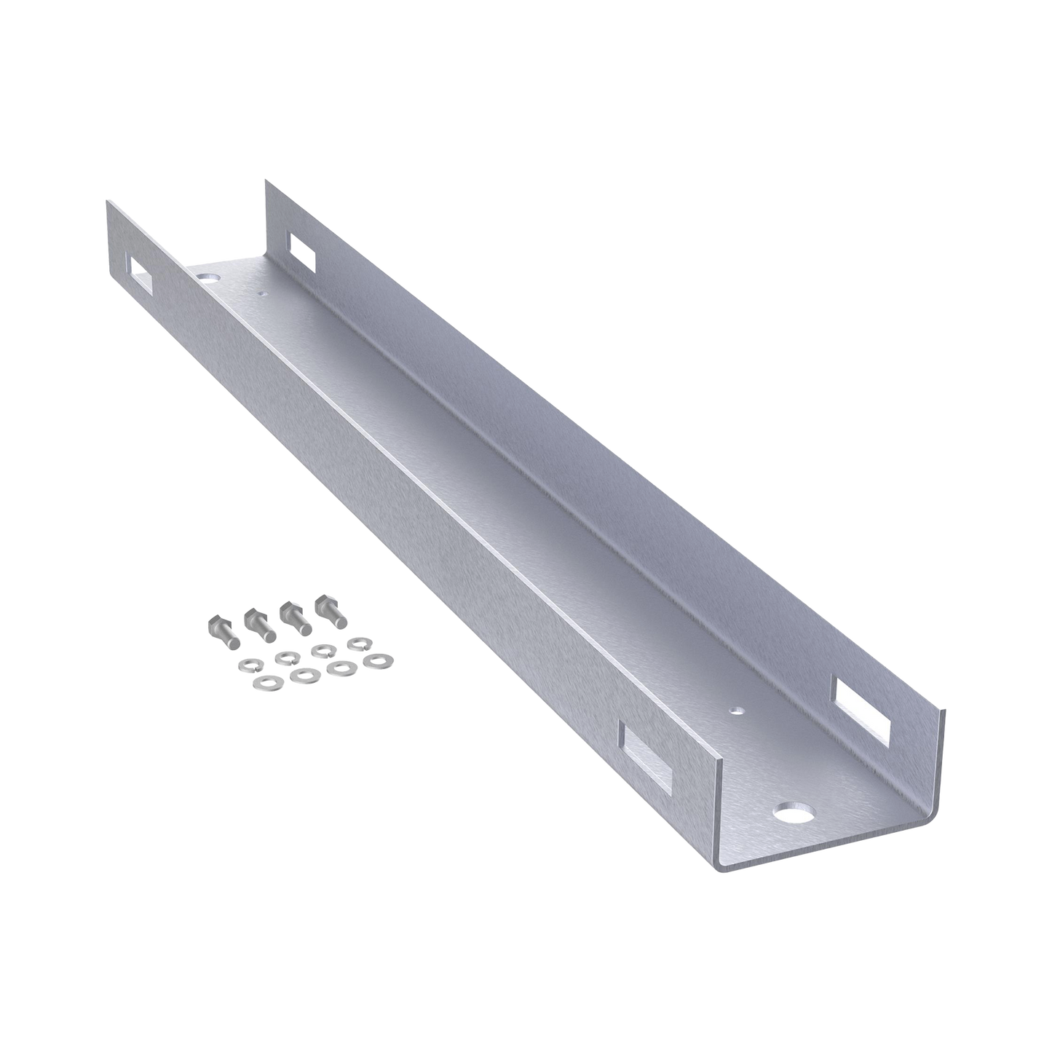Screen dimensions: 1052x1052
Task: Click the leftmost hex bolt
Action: click(223, 631)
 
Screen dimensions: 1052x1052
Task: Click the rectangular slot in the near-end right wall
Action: click(864, 709)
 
